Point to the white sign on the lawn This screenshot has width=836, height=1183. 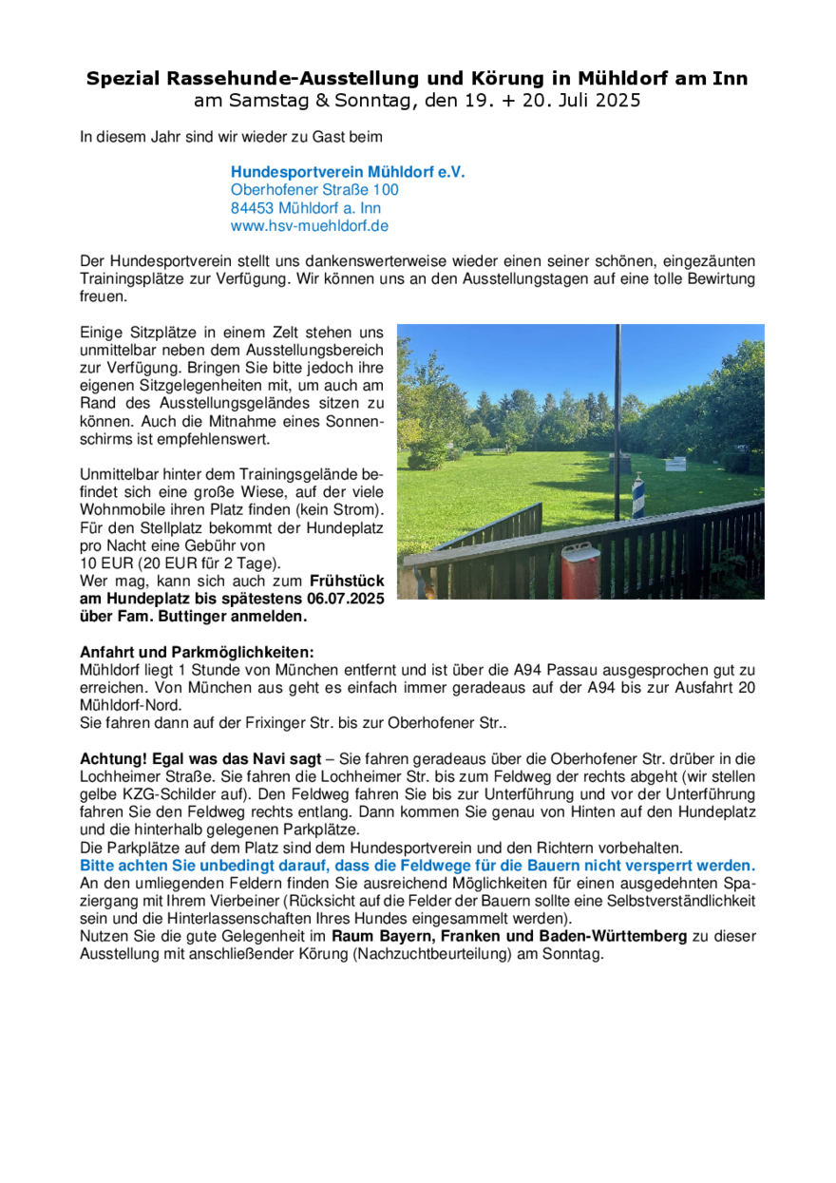[x=677, y=464]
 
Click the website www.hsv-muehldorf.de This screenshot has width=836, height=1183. [x=310, y=226]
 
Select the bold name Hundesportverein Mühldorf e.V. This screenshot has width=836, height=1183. [x=348, y=173]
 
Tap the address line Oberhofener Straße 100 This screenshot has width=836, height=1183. [x=314, y=190]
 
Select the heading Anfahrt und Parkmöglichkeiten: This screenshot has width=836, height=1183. [x=196, y=653]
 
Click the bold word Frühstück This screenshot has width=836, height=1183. [x=347, y=580]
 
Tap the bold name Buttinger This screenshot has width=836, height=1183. [x=196, y=616]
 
